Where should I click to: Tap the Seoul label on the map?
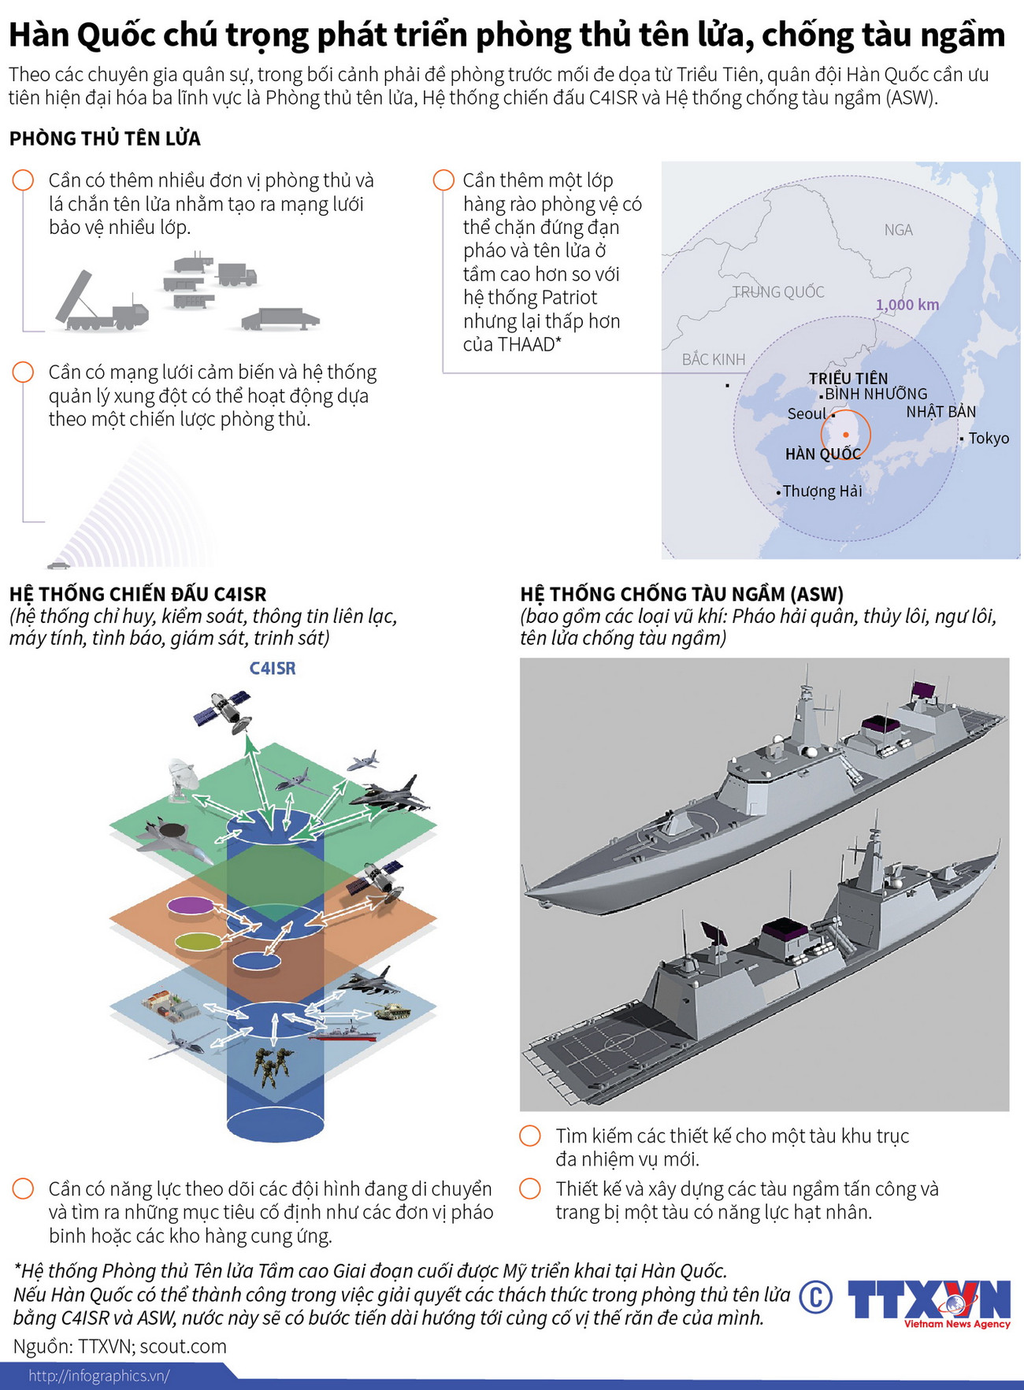pyautogui.click(x=807, y=413)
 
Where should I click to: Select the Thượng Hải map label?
pyautogui.click(x=822, y=491)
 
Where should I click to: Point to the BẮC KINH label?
pyautogui.click(x=713, y=360)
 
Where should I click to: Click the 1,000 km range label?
pyautogui.click(x=907, y=305)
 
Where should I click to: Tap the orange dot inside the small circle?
pyautogui.click(x=846, y=434)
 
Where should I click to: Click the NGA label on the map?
pyautogui.click(x=898, y=230)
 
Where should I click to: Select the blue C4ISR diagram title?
pyautogui.click(x=273, y=669)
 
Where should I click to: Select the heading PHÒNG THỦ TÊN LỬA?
pyautogui.click(x=105, y=139)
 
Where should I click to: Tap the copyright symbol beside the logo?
pyautogui.click(x=815, y=1297)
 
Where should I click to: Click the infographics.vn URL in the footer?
pyautogui.click(x=99, y=1376)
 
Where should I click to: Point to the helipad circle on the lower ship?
pyautogui.click(x=618, y=1044)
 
